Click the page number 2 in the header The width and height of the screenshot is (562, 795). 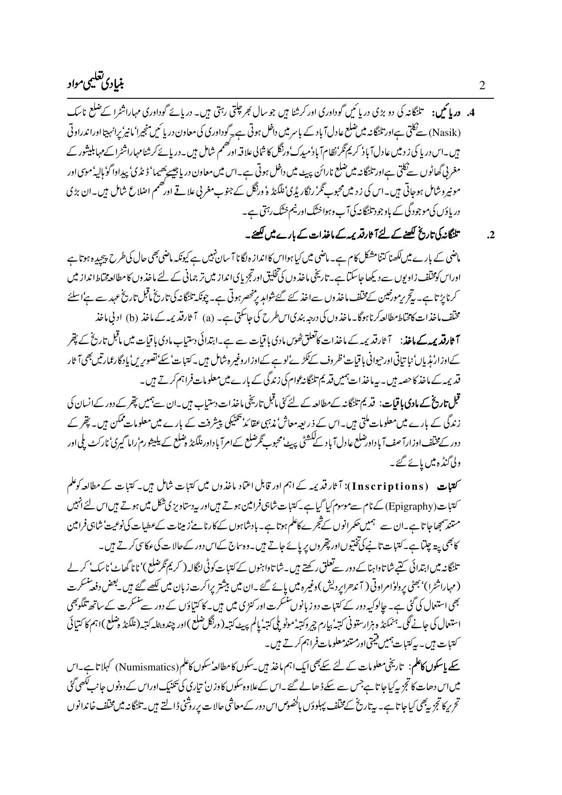point(482,85)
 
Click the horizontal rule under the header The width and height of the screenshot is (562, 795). point(281,97)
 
